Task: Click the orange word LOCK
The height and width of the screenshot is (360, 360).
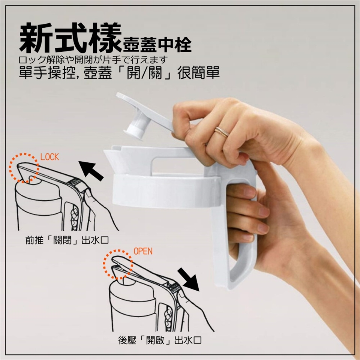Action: tap(49, 157)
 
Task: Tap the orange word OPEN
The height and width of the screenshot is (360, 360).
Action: tap(143, 251)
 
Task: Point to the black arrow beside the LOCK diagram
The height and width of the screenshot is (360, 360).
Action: tap(91, 171)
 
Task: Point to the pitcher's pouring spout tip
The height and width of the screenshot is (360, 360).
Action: tap(105, 151)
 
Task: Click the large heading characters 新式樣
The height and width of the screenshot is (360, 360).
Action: tap(70, 38)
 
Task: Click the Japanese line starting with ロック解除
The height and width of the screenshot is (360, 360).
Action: tap(92, 60)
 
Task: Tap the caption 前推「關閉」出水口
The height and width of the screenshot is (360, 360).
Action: tap(67, 240)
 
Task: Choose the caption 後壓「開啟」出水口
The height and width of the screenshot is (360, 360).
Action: tap(160, 340)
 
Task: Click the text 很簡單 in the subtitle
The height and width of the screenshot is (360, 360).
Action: tap(198, 73)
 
